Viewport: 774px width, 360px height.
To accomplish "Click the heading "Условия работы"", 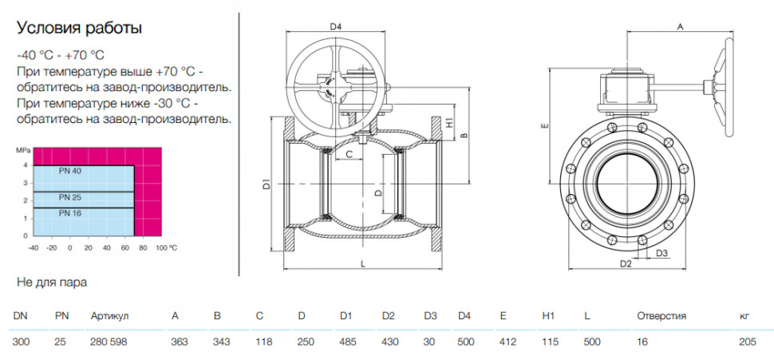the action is click(80, 28).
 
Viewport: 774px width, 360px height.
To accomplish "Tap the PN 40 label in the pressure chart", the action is click(69, 172).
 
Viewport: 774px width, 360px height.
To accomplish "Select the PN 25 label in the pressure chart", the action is click(69, 197).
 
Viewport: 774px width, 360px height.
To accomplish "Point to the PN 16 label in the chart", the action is click(69, 213).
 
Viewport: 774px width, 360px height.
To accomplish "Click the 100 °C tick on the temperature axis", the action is click(166, 247).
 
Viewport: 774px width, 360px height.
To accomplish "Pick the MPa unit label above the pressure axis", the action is click(22, 148).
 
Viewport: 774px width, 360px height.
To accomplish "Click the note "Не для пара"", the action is click(52, 283).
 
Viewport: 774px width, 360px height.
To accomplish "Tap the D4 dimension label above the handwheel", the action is click(336, 26).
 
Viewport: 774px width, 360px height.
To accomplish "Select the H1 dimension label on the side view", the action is click(449, 122).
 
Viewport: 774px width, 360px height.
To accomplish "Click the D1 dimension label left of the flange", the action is click(266, 186).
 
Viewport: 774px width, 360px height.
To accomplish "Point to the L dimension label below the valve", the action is click(363, 264).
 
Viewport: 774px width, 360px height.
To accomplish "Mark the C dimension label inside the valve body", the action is click(349, 155).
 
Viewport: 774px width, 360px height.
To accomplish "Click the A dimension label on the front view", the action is click(680, 27).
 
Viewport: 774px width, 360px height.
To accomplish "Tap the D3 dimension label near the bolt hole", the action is click(662, 253).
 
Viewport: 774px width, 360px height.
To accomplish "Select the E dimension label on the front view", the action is click(544, 126).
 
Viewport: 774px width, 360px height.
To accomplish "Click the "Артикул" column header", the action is click(109, 317).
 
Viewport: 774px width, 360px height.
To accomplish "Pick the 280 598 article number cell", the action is click(109, 342).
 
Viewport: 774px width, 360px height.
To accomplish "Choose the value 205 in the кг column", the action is click(748, 342).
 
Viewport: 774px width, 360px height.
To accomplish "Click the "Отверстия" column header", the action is click(661, 316).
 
